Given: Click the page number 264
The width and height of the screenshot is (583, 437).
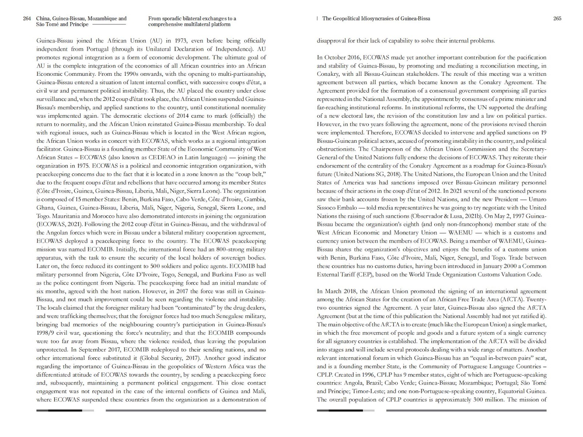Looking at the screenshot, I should pyautogui.click(x=27, y=19).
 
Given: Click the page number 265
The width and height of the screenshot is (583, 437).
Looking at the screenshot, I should pyautogui.click(x=557, y=19).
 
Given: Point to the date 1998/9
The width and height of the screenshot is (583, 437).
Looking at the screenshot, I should pyautogui.click(x=46, y=333).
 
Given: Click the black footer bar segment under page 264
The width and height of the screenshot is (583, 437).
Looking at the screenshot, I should pyautogui.click(x=65, y=410).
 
